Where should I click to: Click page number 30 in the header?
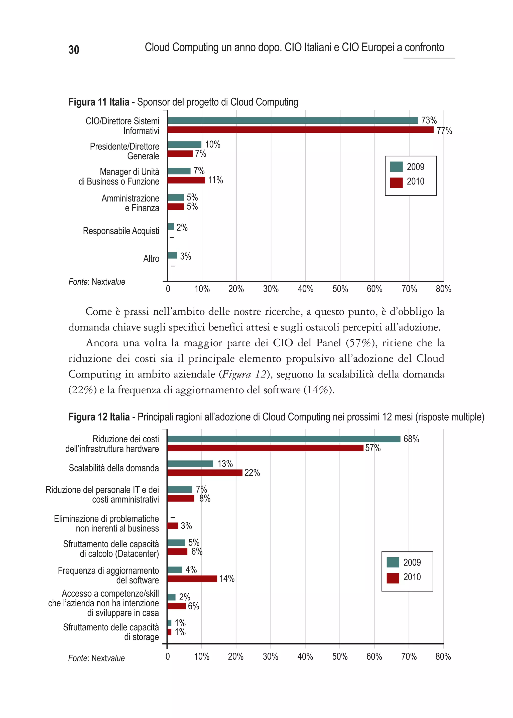click(74, 50)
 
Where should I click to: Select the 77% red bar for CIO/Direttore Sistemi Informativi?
click(300, 130)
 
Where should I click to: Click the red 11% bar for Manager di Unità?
click(186, 180)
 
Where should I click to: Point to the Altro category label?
click(151, 259)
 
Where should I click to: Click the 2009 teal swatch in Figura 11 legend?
click(396, 167)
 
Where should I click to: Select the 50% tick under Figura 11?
click(340, 289)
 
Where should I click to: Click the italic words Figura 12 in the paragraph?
click(244, 374)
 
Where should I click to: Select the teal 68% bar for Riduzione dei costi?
click(284, 439)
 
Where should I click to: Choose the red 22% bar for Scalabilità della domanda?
click(205, 473)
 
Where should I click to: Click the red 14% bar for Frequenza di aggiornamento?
click(192, 579)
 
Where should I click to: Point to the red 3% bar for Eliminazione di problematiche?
click(173, 526)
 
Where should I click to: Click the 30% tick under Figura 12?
click(270, 657)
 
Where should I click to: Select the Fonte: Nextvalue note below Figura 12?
click(96, 658)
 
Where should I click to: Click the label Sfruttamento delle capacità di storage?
click(111, 632)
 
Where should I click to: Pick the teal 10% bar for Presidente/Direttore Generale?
click(184, 145)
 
